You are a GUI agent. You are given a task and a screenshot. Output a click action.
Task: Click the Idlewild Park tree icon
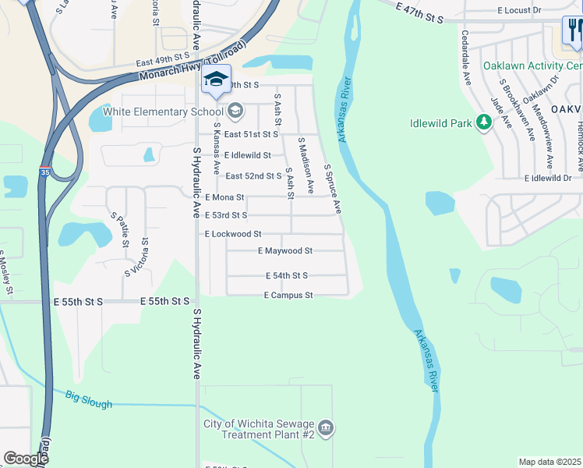tap(483, 122)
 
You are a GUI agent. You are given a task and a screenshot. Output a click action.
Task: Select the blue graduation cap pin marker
tap(216, 79)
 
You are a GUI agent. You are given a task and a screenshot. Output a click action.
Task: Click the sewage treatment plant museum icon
tap(326, 427)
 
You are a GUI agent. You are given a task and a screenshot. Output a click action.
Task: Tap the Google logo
tap(26, 459)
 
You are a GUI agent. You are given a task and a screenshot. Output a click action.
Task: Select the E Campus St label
tap(288, 296)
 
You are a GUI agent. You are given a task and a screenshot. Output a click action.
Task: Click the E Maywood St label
tap(284, 251)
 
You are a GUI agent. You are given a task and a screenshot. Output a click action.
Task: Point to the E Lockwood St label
tap(232, 234)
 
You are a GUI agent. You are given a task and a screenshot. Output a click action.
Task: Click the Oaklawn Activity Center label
tap(532, 66)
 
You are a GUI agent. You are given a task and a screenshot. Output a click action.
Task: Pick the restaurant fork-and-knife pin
tap(573, 31)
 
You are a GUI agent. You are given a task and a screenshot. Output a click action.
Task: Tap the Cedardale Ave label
tap(466, 58)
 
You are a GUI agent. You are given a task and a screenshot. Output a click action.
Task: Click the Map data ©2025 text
tap(549, 462)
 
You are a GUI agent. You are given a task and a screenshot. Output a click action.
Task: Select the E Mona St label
tap(224, 197)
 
